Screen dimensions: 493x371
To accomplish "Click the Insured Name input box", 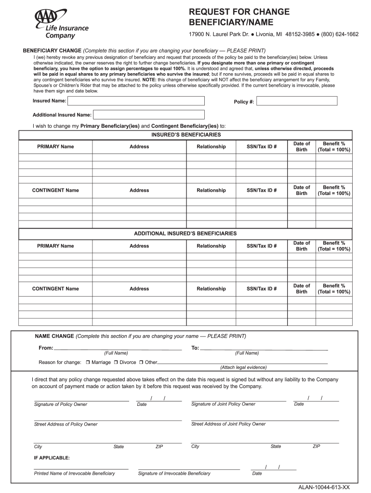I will coord(136,101).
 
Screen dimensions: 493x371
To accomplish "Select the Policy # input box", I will coord(297,101).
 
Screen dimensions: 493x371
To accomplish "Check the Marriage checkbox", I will coord(88,362).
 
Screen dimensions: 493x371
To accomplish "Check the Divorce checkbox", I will coord(116,362).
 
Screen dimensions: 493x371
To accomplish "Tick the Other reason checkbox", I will coord(142,362).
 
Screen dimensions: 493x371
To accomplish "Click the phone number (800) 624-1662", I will coord(341,35).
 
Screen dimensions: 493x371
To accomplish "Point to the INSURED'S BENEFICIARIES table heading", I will coord(186,135).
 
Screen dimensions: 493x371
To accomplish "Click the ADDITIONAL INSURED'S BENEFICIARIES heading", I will coord(185,234).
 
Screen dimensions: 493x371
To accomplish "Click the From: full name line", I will coord(118,348).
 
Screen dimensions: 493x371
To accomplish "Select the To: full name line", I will coord(264,348).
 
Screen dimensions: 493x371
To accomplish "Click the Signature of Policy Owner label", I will coord(61,404).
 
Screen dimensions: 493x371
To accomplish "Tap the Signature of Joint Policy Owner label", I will coord(223,404).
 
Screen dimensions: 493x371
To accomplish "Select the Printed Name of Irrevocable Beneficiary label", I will coord(75,473).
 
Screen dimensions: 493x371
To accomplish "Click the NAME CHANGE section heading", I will coord(54,336).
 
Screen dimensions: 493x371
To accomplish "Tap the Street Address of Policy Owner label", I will coord(66,424).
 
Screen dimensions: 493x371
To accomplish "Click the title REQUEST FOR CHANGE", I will coord(239,12).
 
